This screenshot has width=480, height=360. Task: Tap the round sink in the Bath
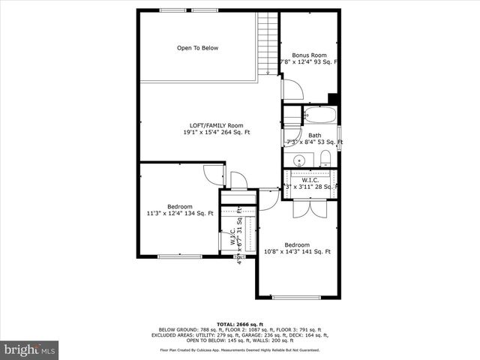(299, 159)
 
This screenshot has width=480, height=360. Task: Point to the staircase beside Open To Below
(268, 42)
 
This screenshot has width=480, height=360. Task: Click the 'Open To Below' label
(197, 48)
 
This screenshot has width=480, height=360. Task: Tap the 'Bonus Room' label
(309, 55)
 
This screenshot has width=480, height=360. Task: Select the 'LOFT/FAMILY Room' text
(216, 125)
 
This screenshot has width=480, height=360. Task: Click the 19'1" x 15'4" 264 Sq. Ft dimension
(216, 133)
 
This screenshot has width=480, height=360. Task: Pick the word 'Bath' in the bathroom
(314, 136)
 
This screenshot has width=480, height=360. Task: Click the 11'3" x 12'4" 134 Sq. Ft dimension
(180, 214)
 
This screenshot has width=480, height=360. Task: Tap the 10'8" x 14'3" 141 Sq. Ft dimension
(297, 252)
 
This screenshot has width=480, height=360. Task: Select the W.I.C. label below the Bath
(310, 180)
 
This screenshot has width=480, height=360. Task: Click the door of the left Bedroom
(215, 174)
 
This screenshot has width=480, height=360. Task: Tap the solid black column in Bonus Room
(333, 98)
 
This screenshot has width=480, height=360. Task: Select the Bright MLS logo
(30, 349)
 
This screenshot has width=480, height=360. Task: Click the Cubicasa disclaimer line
(239, 349)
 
